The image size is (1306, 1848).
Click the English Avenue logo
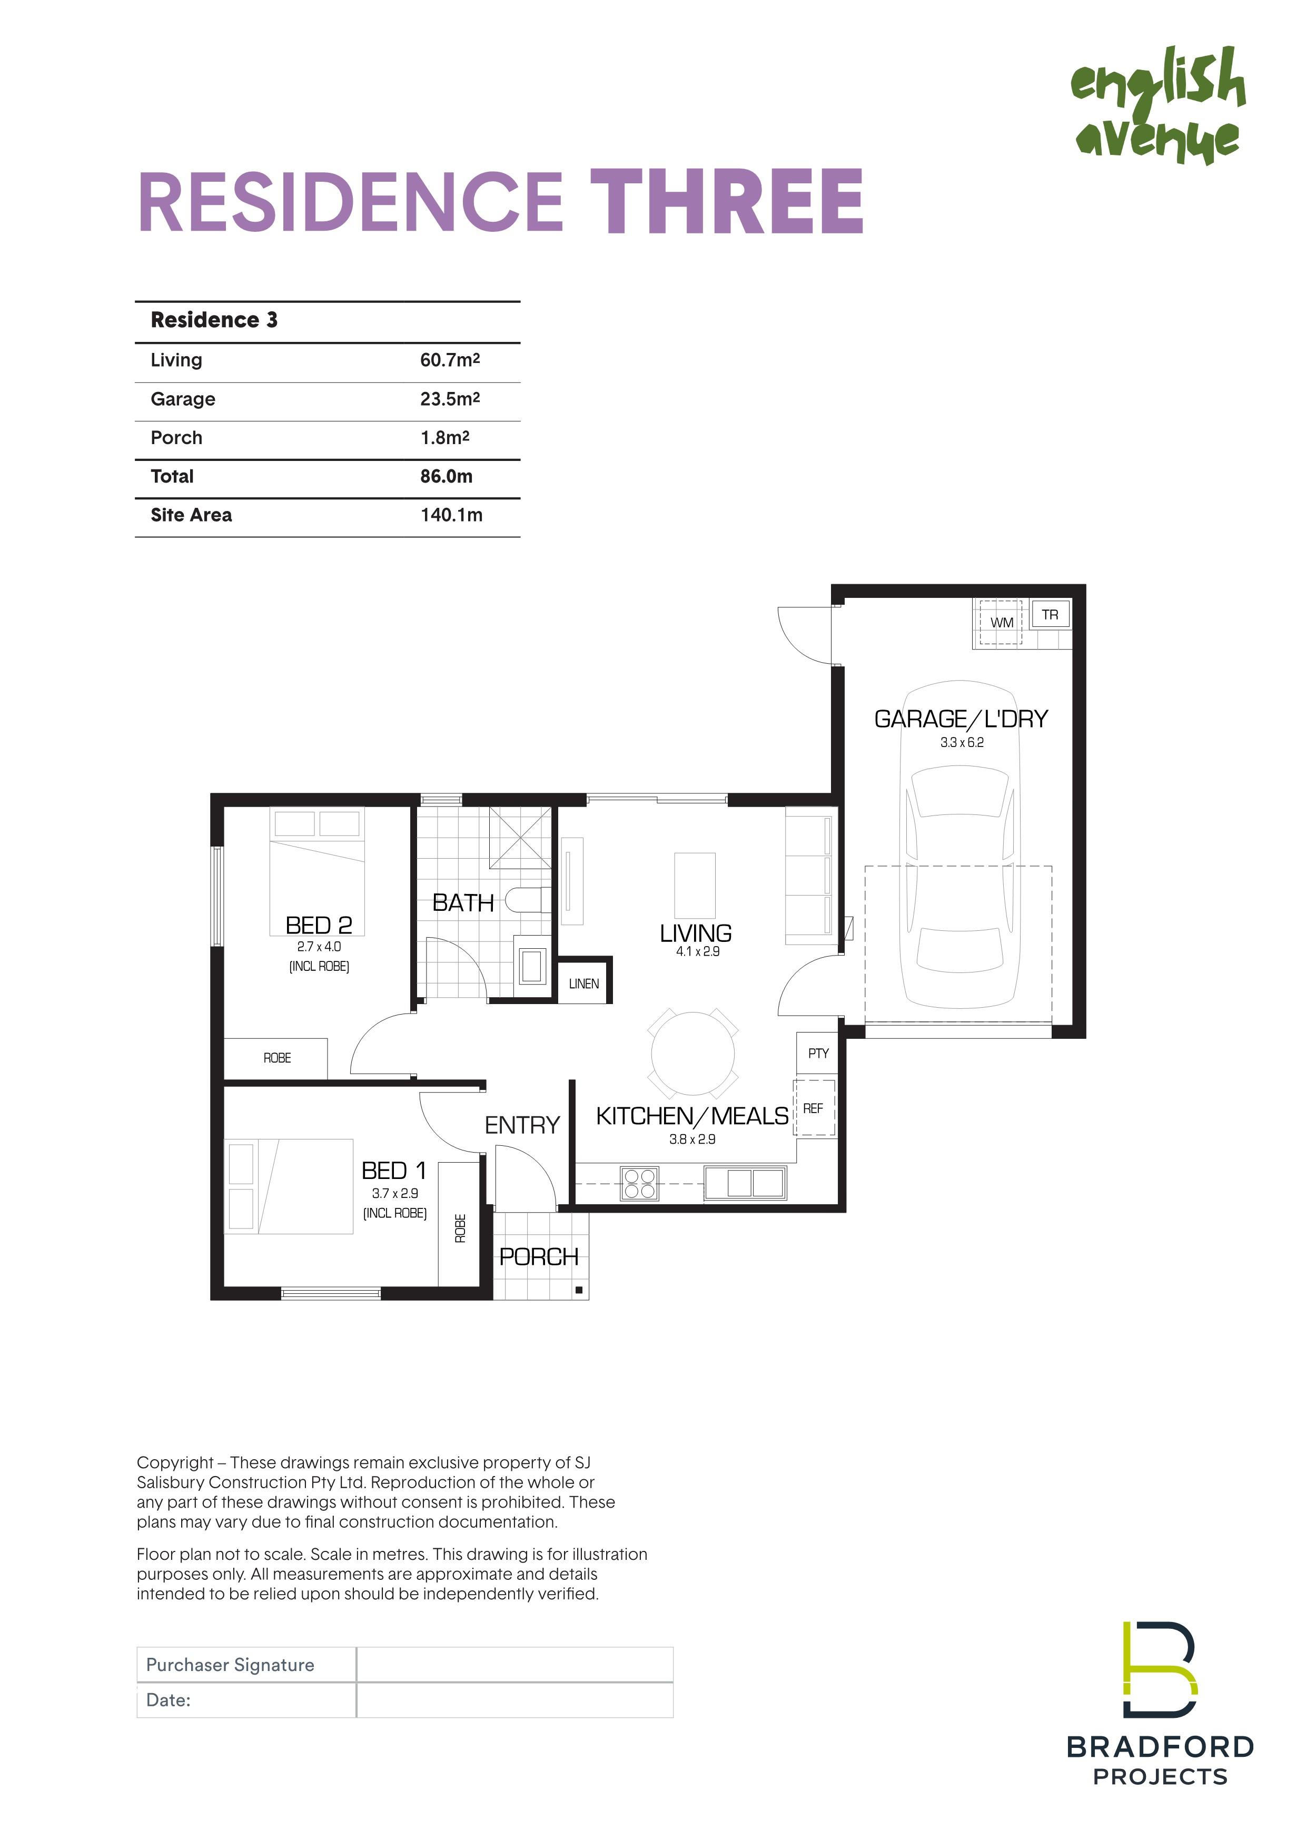click(1158, 105)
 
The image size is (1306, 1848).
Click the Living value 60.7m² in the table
click(450, 360)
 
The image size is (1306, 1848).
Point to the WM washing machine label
click(1002, 622)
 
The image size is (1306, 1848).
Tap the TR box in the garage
click(1050, 615)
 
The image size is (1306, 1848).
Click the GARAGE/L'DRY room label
click(962, 719)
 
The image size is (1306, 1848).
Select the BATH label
click(463, 903)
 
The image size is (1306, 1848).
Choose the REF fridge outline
click(814, 1108)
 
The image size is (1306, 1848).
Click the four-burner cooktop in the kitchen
click(640, 1184)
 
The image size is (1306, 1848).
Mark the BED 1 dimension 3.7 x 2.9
click(395, 1194)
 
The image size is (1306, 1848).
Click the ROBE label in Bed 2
click(278, 1058)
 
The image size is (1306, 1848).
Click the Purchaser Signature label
click(230, 1665)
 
